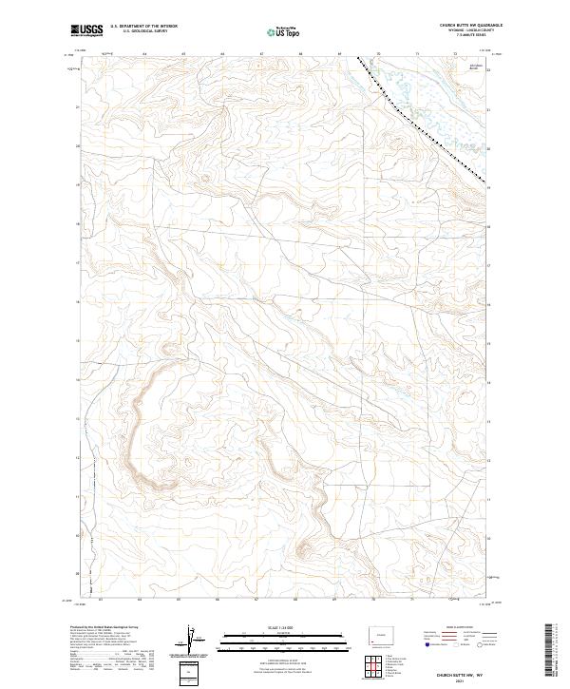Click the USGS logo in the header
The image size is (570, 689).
tap(85, 31)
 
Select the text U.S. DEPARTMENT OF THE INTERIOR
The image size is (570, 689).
tap(144, 28)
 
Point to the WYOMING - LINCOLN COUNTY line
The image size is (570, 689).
tap(465, 31)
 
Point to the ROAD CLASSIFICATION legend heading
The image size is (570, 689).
tap(455, 629)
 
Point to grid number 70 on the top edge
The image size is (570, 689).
tap(380, 55)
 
